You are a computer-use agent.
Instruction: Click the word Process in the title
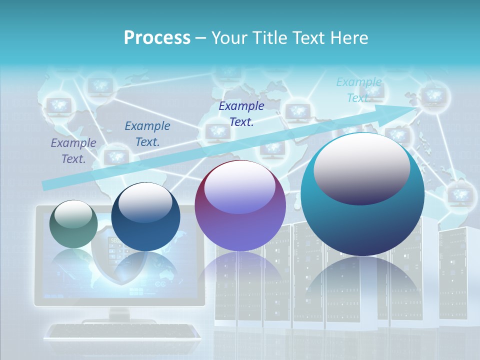point(157,37)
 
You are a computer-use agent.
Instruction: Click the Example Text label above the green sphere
point(73,151)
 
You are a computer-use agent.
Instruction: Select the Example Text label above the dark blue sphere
point(147,134)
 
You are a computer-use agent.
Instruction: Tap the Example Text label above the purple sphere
point(241,114)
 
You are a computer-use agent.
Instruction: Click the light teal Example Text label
point(358,90)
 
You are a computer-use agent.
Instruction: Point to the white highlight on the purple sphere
point(239,187)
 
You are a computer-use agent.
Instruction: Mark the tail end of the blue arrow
point(45,185)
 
